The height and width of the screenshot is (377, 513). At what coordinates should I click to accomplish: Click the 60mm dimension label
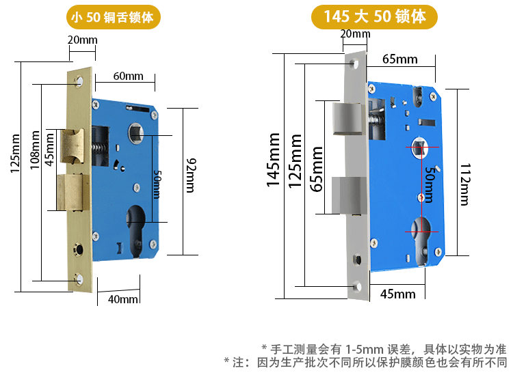pos(129,76)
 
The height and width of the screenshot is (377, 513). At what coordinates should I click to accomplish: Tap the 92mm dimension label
pos(191,176)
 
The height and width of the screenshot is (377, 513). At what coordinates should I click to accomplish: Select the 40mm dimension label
pos(122,299)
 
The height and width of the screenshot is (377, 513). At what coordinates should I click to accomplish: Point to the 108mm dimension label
pos(35,150)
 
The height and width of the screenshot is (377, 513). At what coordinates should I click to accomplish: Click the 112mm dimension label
pos(465,184)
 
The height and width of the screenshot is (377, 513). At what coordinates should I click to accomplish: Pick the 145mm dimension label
pos(273,160)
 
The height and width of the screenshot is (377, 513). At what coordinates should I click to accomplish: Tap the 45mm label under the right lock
pos(398,294)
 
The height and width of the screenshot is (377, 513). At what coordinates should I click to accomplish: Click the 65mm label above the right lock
pos(400,59)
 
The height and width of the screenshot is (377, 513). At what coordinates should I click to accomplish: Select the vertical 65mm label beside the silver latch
pos(317,169)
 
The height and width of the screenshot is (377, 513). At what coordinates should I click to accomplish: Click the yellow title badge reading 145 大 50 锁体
pos(374,16)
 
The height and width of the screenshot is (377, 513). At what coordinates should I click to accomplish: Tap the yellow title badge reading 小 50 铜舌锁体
pos(113,17)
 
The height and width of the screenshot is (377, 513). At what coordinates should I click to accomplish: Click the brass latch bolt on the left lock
pos(73,145)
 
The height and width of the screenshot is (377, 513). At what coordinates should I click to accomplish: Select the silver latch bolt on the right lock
pos(347,119)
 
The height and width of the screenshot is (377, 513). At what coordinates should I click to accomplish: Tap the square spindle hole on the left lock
pos(135,133)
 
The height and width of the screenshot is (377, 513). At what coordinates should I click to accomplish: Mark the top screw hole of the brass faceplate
pos(79,81)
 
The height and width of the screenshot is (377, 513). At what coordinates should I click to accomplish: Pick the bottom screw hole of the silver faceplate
pos(357,286)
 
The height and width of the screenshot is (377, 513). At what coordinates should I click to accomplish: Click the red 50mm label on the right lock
pos(430,184)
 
